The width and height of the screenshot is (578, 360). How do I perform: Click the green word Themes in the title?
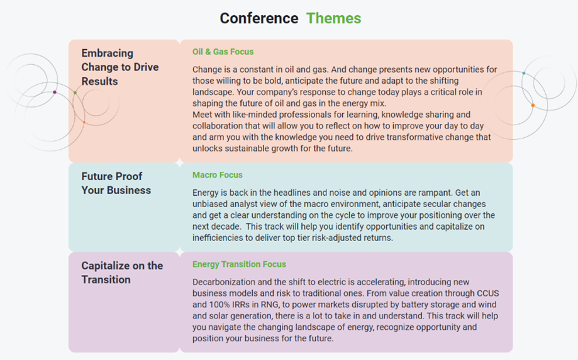pyautogui.click(x=333, y=18)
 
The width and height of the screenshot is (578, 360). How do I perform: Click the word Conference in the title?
pyautogui.click(x=259, y=18)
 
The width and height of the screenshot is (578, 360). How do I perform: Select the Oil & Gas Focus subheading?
pyautogui.click(x=223, y=52)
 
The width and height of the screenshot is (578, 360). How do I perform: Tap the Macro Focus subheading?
pyautogui.click(x=218, y=175)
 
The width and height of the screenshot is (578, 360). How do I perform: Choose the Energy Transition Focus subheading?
pyautogui.click(x=239, y=264)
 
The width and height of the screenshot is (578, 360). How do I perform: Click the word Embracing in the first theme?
pyautogui.click(x=108, y=53)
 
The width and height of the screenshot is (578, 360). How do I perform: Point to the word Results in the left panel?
pyautogui.click(x=99, y=81)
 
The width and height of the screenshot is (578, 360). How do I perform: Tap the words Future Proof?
pyautogui.click(x=112, y=176)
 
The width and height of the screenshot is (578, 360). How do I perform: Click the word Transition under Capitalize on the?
pyautogui.click(x=106, y=279)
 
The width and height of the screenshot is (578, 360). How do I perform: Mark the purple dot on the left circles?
pyautogui.click(x=55, y=93)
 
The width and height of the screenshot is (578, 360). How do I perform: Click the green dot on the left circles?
pyautogui.click(x=75, y=93)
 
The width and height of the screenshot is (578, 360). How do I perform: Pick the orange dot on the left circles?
pyautogui.click(x=84, y=122)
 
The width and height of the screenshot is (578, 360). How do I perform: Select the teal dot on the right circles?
pyautogui.click(x=523, y=73)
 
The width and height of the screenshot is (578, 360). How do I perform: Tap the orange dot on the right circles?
pyautogui.click(x=533, y=106)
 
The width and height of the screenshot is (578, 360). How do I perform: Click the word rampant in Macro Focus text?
pyautogui.click(x=435, y=193)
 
